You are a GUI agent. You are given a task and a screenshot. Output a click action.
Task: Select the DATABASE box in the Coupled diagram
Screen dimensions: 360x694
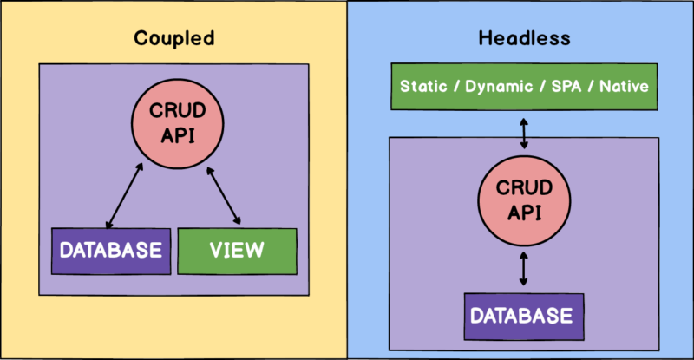coord(109,251)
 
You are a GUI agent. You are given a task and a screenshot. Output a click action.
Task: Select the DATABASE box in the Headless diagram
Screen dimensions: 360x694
coord(521,315)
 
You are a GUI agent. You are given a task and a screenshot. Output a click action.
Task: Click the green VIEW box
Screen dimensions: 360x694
coord(237,251)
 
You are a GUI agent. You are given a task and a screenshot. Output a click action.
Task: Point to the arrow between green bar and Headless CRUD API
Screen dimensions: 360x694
coord(521,132)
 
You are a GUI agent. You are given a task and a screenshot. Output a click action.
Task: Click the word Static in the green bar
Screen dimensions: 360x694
coord(422,88)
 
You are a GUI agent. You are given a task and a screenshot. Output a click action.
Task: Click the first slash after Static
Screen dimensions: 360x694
coord(455,88)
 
